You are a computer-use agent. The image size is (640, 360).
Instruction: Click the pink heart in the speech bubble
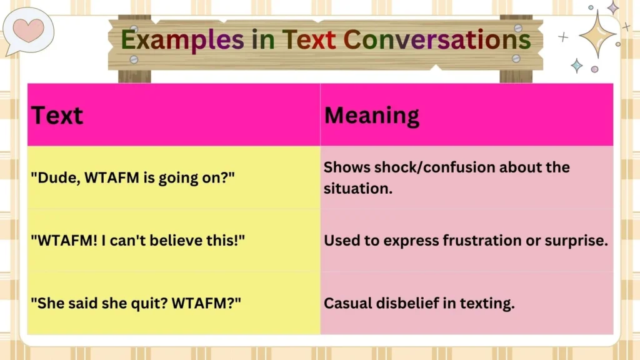click(x=29, y=29)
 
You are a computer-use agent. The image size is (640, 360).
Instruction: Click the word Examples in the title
click(x=182, y=39)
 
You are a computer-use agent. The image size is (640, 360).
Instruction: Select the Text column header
click(x=57, y=116)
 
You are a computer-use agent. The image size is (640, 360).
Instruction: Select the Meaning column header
click(x=371, y=116)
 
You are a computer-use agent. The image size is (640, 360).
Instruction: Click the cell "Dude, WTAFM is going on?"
click(x=132, y=177)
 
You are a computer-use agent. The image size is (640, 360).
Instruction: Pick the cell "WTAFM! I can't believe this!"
click(x=137, y=241)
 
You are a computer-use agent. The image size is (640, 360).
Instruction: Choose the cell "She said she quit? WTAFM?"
click(x=136, y=303)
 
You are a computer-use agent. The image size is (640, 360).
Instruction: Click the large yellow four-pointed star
click(x=597, y=34)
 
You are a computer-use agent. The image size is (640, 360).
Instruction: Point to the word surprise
click(x=578, y=241)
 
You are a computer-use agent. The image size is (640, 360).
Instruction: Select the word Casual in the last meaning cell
click(x=347, y=303)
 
